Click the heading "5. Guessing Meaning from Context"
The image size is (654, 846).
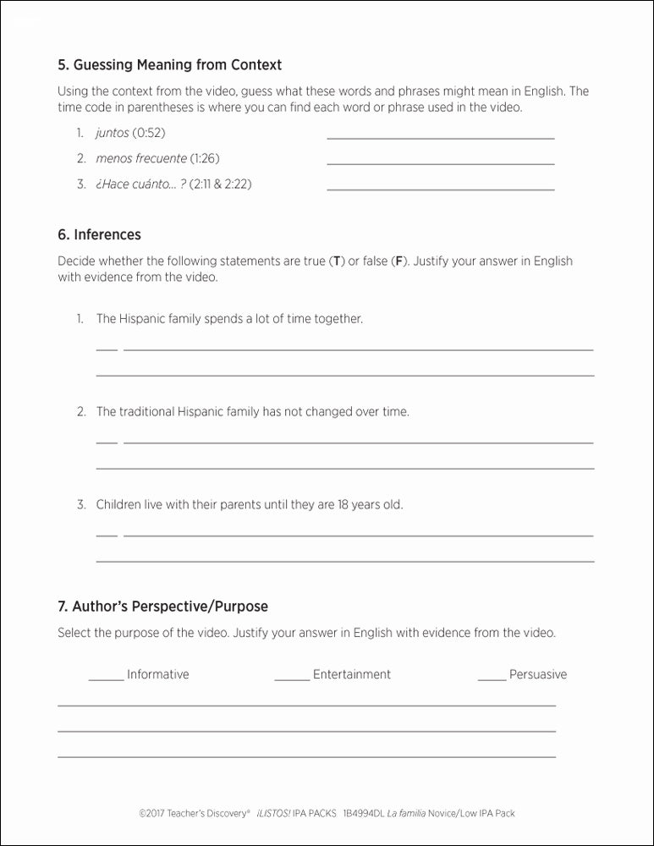point(169,65)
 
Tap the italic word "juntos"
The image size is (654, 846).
point(113,133)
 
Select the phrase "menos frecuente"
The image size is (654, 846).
point(141,158)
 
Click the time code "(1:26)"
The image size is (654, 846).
point(205,158)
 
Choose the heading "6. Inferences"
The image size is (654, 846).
point(99,234)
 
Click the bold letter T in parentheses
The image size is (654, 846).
point(336,261)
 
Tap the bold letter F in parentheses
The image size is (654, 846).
point(399,261)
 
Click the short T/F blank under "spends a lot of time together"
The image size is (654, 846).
point(107,348)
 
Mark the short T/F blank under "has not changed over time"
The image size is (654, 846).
point(107,441)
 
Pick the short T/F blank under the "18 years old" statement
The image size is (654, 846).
point(107,534)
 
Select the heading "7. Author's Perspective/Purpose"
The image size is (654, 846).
point(162,607)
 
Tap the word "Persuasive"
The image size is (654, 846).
point(538,674)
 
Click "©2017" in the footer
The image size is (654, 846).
point(151,813)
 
